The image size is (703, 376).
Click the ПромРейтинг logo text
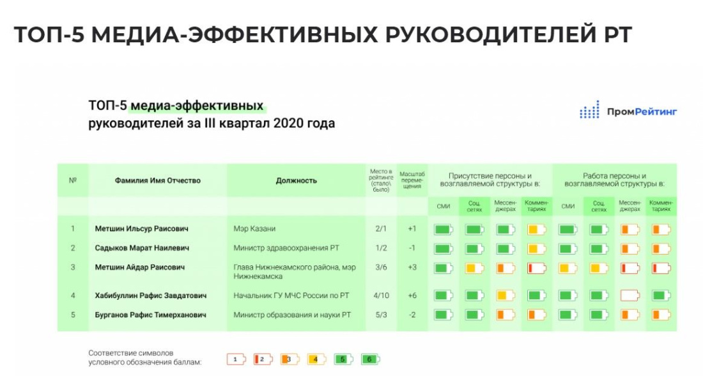641,112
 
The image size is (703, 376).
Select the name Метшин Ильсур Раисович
141,228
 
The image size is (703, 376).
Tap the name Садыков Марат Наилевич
142,248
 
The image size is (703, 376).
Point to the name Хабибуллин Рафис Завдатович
150,295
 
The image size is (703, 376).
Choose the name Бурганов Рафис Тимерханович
150,315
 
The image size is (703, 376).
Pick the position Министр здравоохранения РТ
281,248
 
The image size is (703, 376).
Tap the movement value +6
412,295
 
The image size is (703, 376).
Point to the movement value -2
412,315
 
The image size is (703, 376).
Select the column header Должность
296,180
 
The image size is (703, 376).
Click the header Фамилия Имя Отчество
157,180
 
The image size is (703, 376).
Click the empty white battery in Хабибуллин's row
630,295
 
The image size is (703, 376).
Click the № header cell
72,180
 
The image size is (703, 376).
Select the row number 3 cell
73,267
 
